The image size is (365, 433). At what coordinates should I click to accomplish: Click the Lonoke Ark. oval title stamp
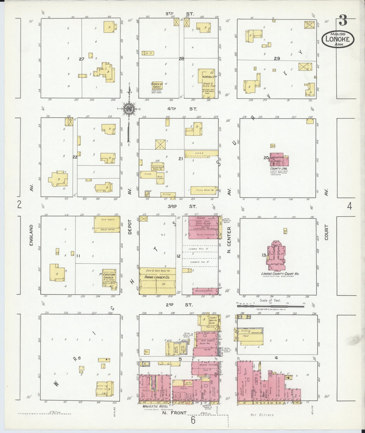point(338,39)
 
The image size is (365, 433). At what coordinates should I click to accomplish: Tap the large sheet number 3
point(343,20)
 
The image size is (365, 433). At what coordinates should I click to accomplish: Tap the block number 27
point(81,59)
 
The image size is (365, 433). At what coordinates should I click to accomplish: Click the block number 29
point(277,58)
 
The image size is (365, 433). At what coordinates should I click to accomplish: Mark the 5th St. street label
point(180,14)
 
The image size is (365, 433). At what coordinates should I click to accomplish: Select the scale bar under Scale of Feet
point(271,306)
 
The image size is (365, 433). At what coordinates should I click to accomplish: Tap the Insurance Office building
point(205,291)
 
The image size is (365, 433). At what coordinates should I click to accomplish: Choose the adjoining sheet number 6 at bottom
point(193,421)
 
